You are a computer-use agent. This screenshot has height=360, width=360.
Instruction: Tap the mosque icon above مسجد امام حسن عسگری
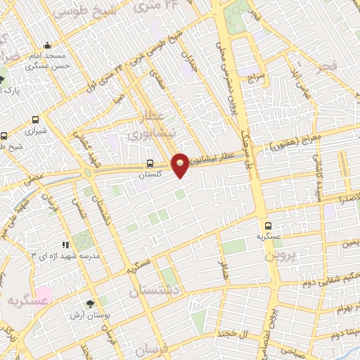47,44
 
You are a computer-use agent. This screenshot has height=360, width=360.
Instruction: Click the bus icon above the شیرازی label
34,119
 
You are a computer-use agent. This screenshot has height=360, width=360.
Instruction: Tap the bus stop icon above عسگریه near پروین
268,226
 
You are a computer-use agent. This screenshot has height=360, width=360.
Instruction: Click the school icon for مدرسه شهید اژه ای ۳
65,245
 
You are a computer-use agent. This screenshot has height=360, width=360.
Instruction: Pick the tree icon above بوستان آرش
89,304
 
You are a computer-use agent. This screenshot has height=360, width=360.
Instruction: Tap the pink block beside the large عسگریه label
44,293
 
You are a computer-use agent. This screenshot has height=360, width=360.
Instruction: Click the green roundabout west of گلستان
89,174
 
